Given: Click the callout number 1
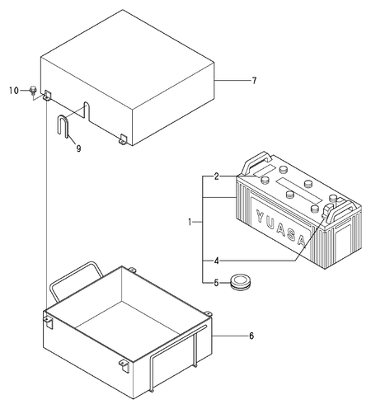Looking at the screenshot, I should [x=190, y=222].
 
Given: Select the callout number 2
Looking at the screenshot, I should [x=215, y=176].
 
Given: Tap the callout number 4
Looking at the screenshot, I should [x=215, y=261].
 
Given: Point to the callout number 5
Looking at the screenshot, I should [x=215, y=283].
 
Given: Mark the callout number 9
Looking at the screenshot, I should [x=77, y=148].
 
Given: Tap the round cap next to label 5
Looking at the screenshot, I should [x=242, y=280].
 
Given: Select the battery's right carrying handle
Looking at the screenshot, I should [x=334, y=213].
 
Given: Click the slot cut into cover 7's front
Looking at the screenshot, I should [x=85, y=109].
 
